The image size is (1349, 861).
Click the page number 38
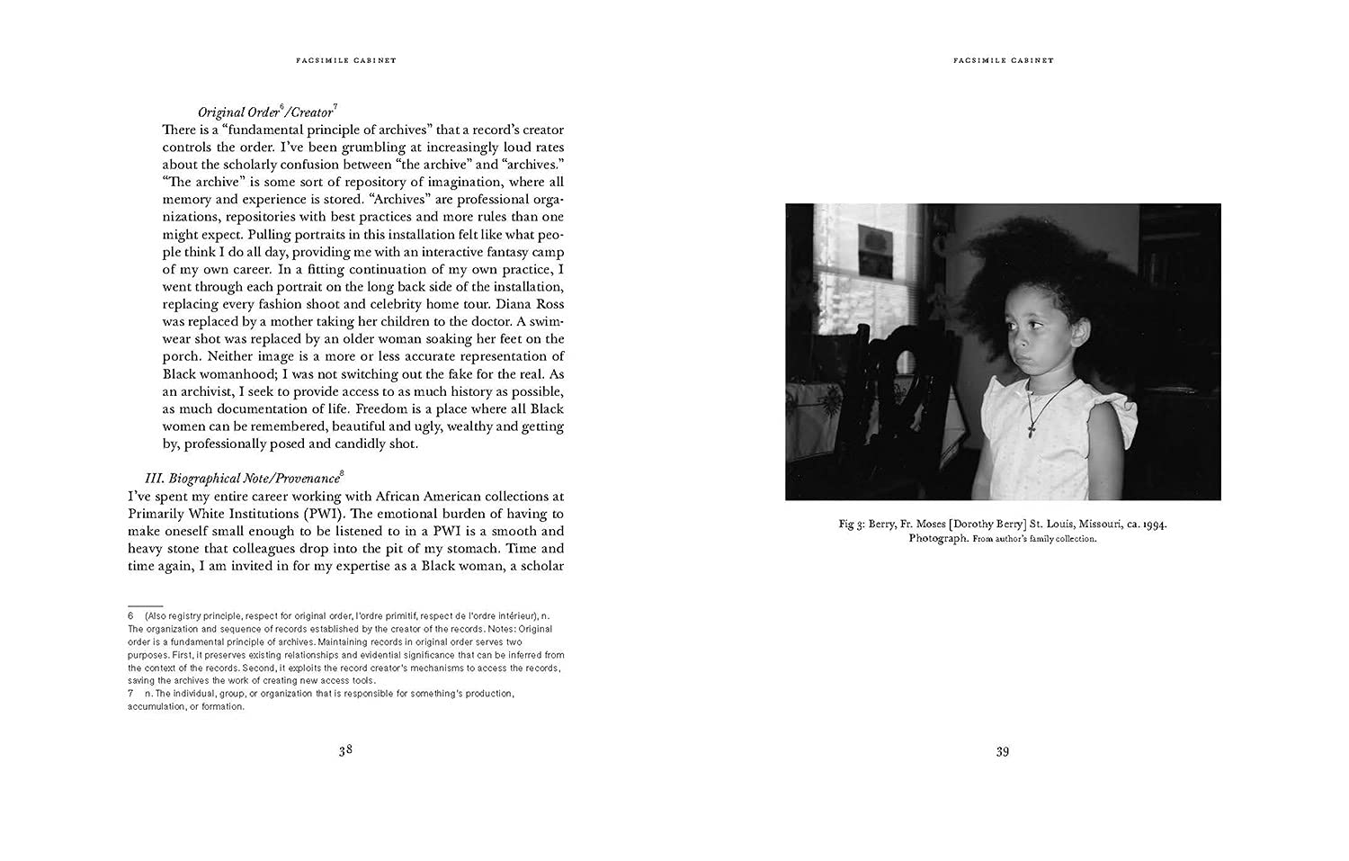click(x=345, y=750)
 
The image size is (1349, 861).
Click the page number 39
click(x=1002, y=751)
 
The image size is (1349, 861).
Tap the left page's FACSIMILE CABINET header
click(x=345, y=60)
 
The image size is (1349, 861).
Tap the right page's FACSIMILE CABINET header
click(x=1003, y=60)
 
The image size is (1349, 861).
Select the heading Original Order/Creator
click(x=267, y=112)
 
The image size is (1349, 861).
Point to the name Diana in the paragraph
click(x=493, y=304)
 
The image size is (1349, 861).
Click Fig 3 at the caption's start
click(x=851, y=524)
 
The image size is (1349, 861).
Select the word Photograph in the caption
click(x=938, y=538)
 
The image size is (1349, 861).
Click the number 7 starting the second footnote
click(x=131, y=694)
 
